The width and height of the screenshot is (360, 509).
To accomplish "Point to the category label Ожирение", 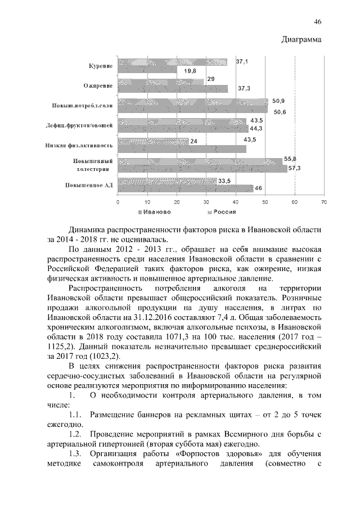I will point(99,85).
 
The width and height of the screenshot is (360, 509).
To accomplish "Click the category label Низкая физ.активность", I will point(79,145).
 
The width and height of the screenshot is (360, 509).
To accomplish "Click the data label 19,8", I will point(190,71).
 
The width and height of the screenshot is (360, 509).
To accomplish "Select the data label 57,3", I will point(295,168).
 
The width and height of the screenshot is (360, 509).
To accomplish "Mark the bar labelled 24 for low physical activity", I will point(153,141).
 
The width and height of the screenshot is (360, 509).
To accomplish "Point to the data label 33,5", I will point(225,181).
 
